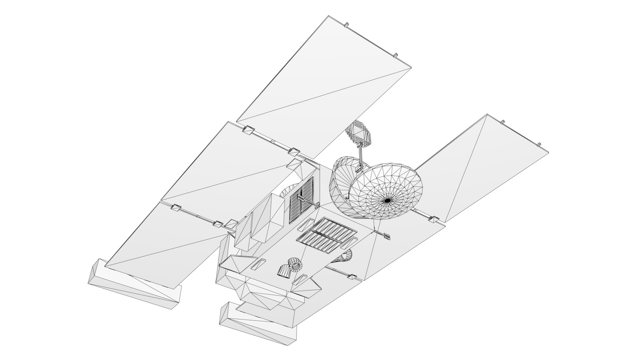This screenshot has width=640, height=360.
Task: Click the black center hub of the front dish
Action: click(x=387, y=200)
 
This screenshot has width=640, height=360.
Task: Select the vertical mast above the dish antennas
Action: click(x=360, y=157)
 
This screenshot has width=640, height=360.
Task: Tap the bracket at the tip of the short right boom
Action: click(x=387, y=236)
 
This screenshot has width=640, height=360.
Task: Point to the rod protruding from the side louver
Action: click(x=308, y=202)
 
